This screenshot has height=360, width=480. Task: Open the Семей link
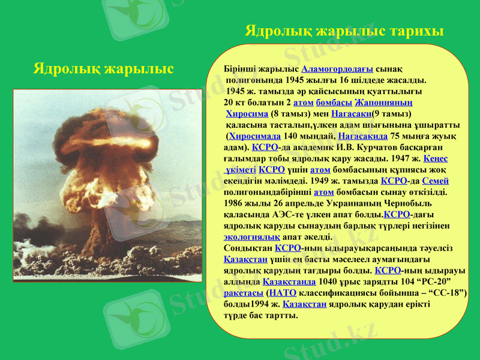436,181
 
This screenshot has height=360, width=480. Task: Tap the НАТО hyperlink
283,292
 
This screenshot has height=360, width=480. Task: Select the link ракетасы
243,292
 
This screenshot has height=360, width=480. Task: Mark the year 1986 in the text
233,203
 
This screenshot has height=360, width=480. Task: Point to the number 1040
331,281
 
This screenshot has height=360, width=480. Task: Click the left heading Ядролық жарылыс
103,68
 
